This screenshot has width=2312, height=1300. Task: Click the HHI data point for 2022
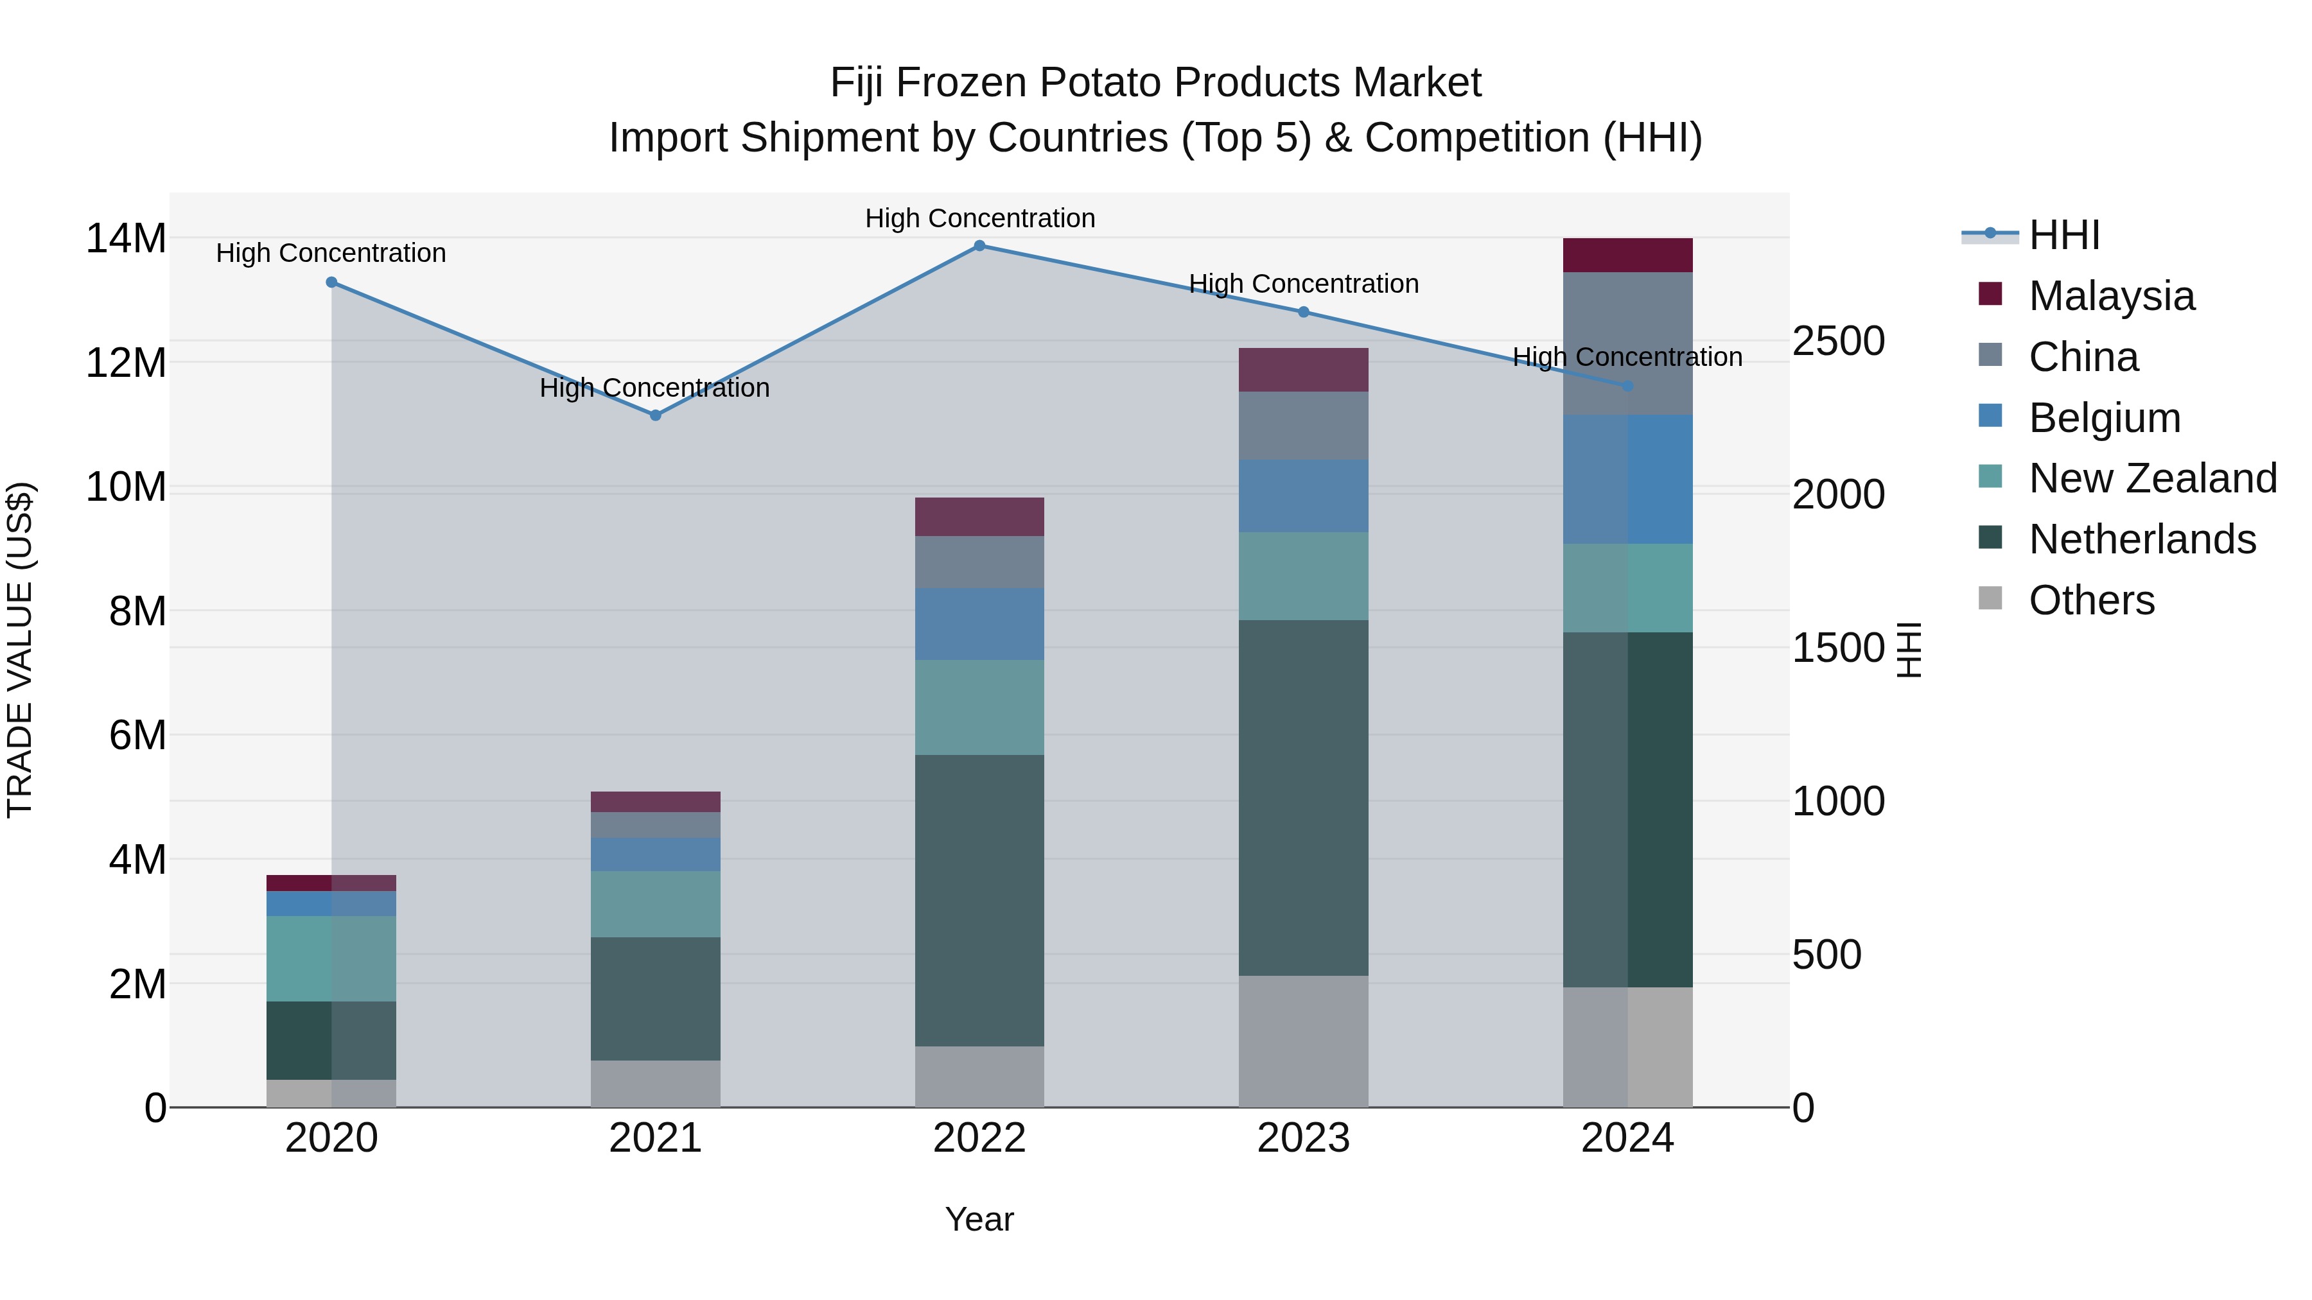979,246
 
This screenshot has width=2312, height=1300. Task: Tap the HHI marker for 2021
655,415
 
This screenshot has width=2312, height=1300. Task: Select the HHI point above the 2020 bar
331,282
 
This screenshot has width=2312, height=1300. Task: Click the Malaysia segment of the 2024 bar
1627,256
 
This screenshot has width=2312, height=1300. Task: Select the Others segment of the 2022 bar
979,1077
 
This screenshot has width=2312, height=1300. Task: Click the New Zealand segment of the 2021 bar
655,905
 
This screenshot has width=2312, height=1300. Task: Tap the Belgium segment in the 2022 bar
979,625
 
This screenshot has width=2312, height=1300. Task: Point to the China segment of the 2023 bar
1303,426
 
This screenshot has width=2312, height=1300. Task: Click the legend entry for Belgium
2104,418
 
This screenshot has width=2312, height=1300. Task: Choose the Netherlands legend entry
2141,539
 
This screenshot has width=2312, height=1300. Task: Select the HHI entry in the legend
2064,235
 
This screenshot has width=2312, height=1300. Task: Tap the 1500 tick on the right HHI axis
1838,648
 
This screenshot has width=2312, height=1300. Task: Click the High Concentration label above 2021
655,388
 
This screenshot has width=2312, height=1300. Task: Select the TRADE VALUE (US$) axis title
20,650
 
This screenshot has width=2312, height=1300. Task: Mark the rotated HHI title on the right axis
1910,650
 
